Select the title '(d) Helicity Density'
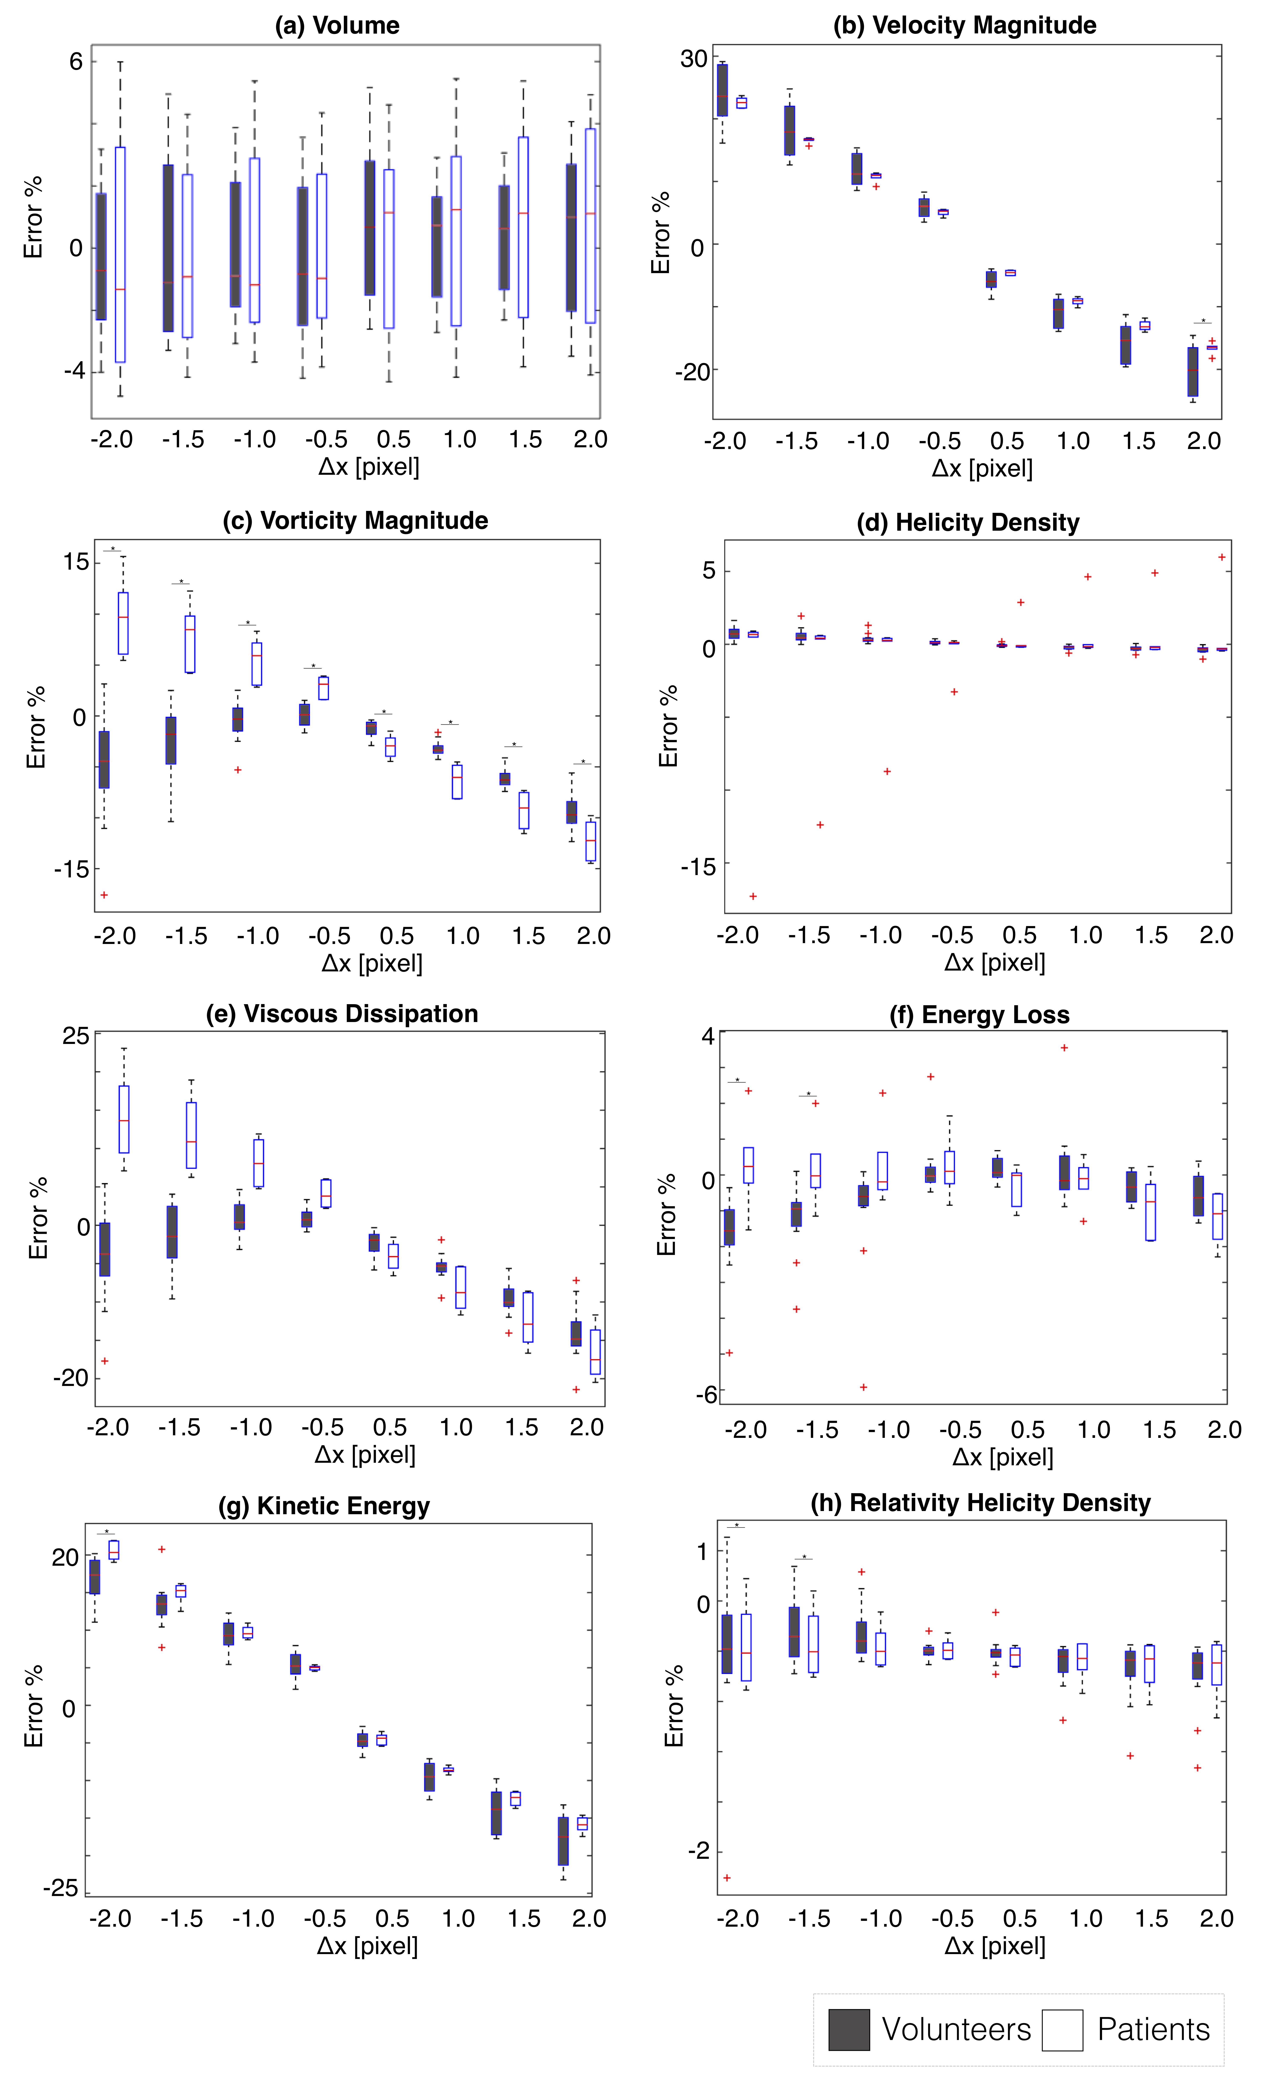[x=968, y=523]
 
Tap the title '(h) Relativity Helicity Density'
[x=980, y=1503]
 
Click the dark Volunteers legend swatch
[x=849, y=2029]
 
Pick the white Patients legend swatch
[x=1062, y=2029]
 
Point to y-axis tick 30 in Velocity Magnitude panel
[x=694, y=58]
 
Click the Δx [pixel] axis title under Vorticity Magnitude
[x=372, y=963]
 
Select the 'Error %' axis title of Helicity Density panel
[x=668, y=726]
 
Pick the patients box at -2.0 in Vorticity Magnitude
[x=123, y=623]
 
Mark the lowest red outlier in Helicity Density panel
[x=753, y=896]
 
